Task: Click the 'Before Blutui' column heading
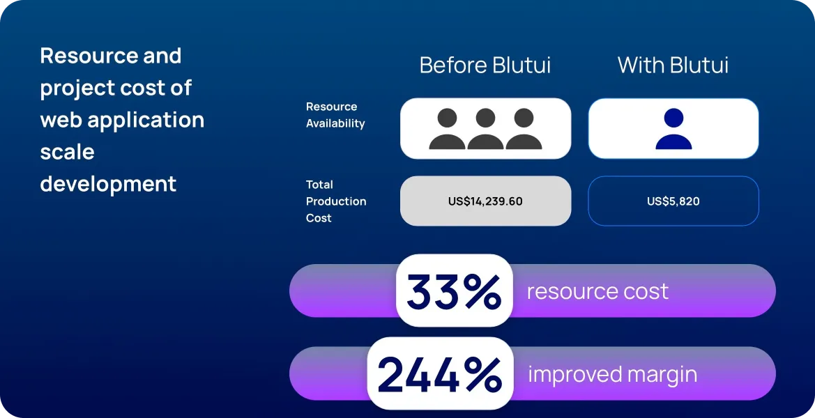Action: (x=485, y=65)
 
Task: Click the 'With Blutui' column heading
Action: (x=673, y=65)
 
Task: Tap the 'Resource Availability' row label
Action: (x=335, y=115)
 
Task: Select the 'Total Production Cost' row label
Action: (x=336, y=201)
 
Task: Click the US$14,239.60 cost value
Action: (x=485, y=201)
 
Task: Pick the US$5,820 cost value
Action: (x=673, y=201)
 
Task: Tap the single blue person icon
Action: (x=673, y=129)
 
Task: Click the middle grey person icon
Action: (x=485, y=129)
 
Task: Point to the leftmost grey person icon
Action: (x=447, y=129)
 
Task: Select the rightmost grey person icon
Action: (x=524, y=129)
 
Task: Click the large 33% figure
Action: (x=454, y=291)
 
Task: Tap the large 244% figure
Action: (x=440, y=374)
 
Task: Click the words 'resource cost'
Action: (x=597, y=291)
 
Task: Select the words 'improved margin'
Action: (x=613, y=374)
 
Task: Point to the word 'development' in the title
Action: (x=108, y=185)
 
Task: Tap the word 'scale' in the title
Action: (x=68, y=152)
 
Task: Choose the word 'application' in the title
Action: (x=146, y=121)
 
